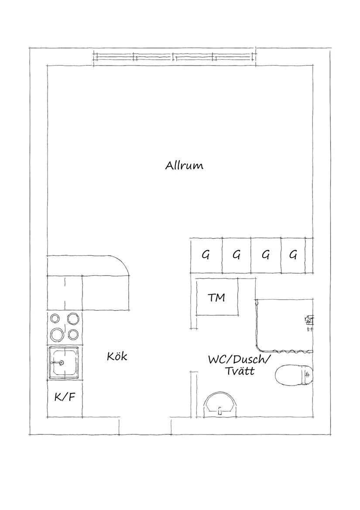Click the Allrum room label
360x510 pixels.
184,165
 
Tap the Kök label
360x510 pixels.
117,356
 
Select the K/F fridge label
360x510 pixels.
65,397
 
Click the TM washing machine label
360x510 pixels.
216,297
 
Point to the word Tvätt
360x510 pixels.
240,371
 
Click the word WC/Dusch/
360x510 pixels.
239,359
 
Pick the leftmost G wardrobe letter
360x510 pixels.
206,255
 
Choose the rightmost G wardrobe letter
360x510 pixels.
293,255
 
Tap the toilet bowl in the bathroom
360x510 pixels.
294,375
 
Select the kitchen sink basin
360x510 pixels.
64,363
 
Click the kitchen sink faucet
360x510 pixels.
58,362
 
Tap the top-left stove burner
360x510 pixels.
55,318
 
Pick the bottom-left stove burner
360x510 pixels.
57,334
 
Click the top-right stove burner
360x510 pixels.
73,318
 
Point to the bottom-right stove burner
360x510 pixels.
73,334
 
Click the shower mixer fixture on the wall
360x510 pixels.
309,320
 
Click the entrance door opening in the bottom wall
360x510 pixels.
145,426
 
